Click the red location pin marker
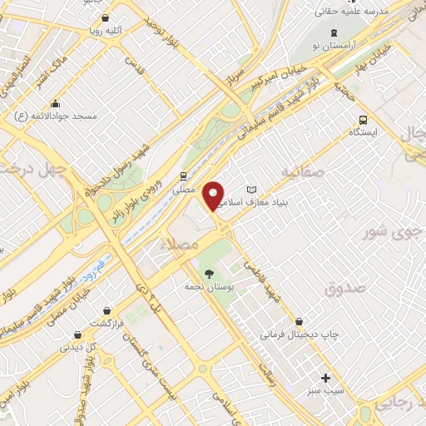pos(215,194)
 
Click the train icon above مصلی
pos(183,176)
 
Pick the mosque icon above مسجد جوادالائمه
pos(54,104)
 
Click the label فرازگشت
pos(107,323)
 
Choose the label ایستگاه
pos(363,132)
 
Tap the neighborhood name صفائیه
pos(300,174)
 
